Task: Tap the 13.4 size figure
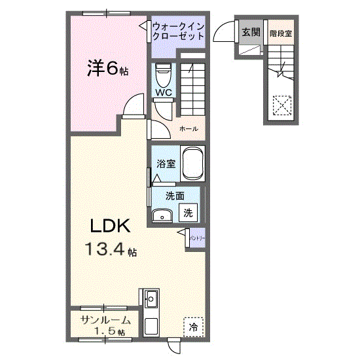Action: [109, 249]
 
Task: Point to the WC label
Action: [164, 93]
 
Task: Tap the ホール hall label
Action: [189, 129]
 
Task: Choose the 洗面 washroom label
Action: [173, 195]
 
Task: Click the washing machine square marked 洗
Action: [189, 212]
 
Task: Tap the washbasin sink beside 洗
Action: [162, 215]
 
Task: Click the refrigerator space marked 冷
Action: [193, 326]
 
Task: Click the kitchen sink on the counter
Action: [151, 300]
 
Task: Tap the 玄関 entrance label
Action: [249, 32]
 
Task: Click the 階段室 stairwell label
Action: [280, 33]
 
